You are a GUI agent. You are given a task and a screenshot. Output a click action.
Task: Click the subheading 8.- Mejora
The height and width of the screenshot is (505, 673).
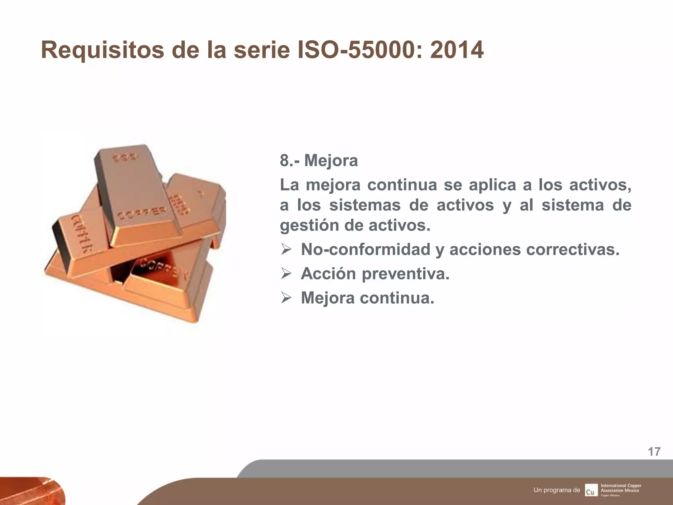tap(318, 161)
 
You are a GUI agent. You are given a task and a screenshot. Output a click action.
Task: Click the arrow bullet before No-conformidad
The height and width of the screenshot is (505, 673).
tap(286, 250)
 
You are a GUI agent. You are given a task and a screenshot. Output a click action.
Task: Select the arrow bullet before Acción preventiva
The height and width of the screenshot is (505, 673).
tap(286, 274)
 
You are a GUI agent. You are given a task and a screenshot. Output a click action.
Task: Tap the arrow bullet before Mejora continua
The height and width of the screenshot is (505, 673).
tap(286, 298)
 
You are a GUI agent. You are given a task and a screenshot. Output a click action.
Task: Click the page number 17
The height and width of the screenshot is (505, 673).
tap(654, 452)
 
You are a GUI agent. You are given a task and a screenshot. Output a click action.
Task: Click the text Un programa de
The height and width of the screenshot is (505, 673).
tap(557, 490)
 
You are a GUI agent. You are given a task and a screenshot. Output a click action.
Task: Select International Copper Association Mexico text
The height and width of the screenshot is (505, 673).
tap(620, 488)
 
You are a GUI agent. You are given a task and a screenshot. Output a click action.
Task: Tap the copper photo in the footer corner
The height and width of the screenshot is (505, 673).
tap(30, 491)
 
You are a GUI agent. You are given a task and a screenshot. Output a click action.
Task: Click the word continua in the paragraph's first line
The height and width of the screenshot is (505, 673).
tap(402, 185)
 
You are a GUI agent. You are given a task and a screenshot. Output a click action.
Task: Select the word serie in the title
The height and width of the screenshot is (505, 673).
tap(262, 50)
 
